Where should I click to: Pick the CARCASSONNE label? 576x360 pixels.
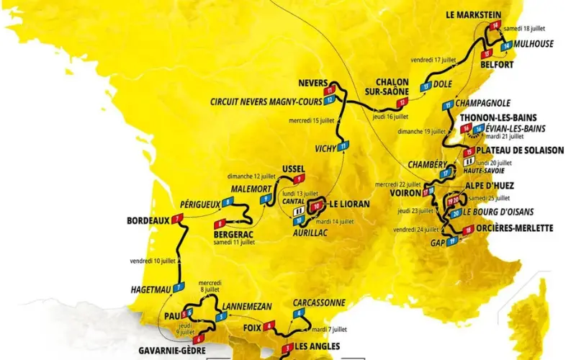click(320, 302)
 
